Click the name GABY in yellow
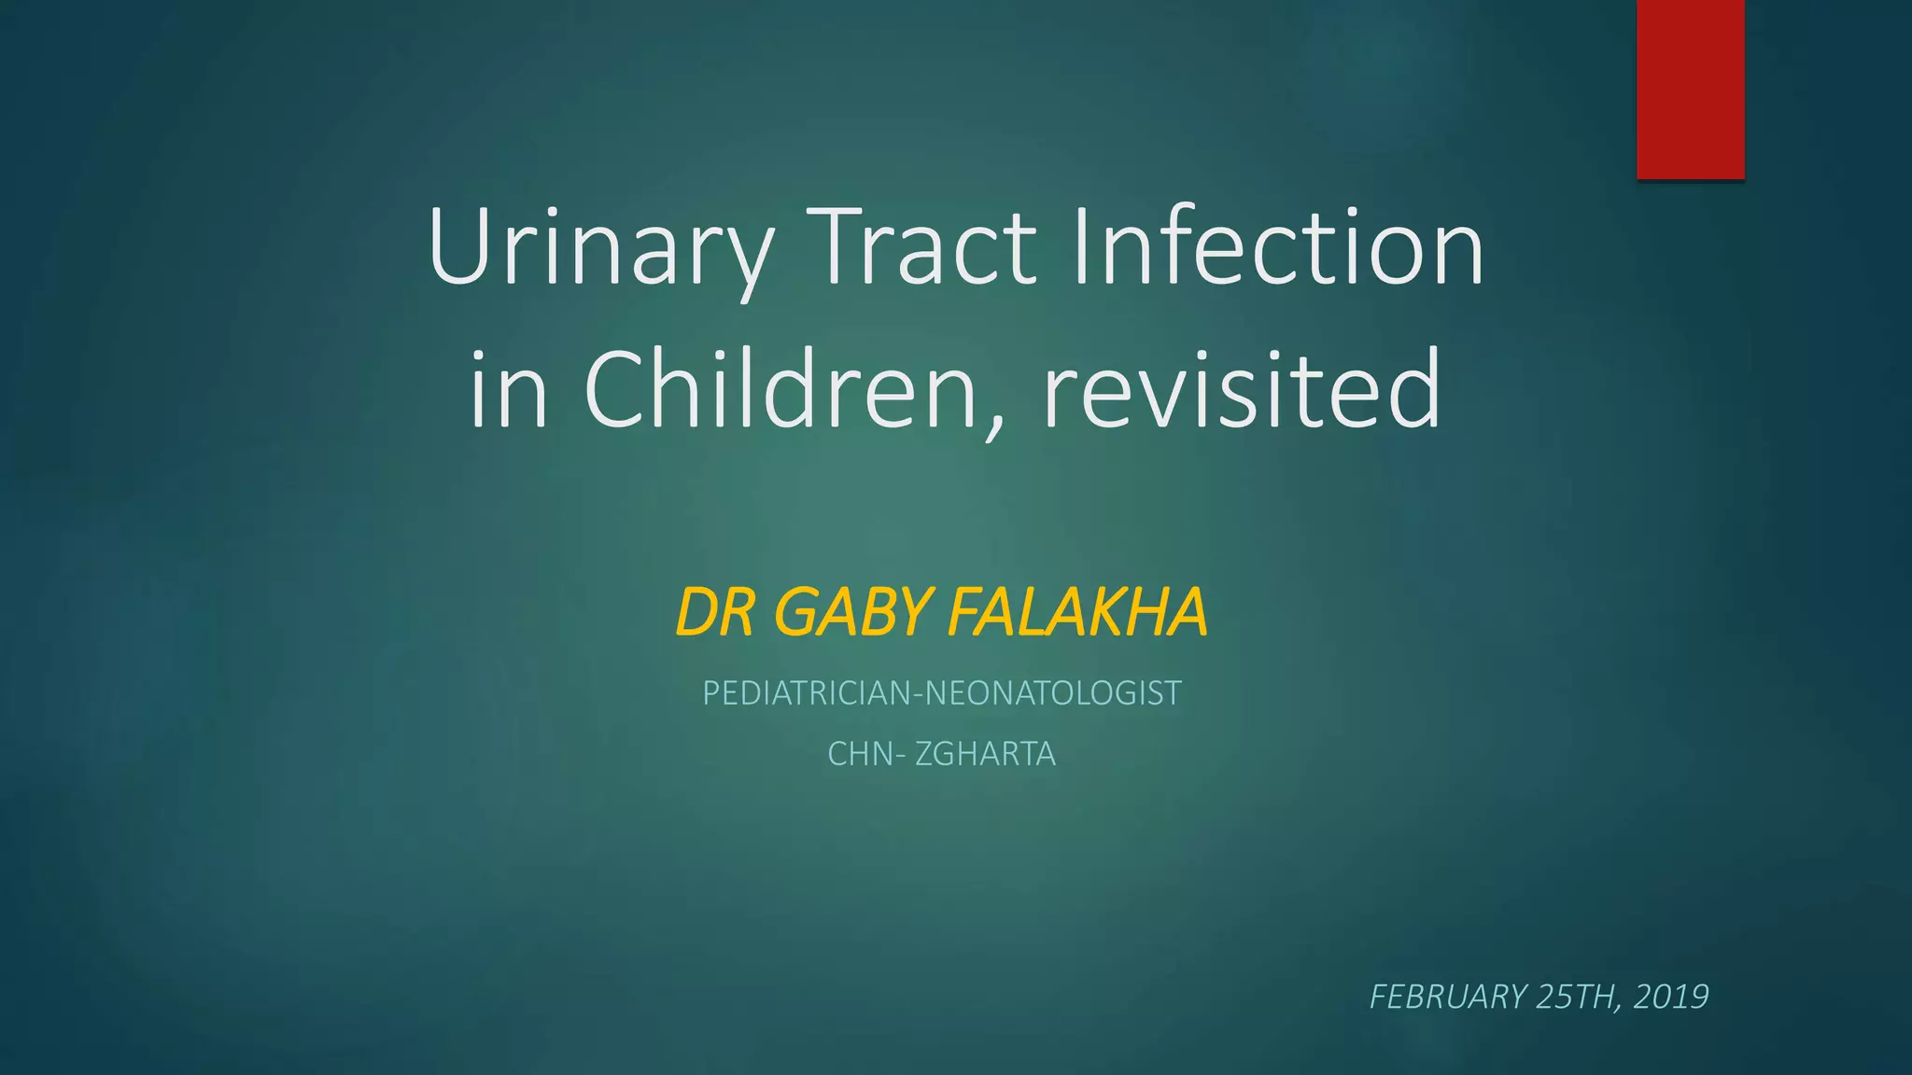click(853, 613)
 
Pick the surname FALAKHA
click(1077, 613)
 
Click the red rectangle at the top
click(1690, 89)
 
